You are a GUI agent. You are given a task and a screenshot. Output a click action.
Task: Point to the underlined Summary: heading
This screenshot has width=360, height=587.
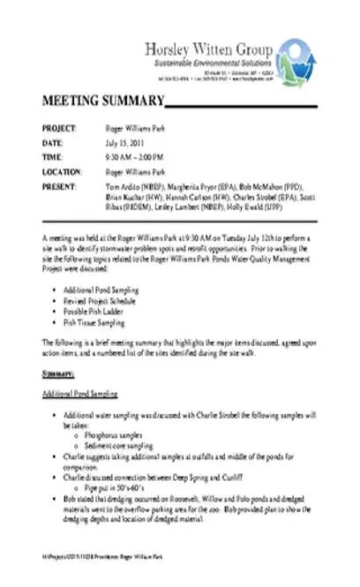[56, 374]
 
